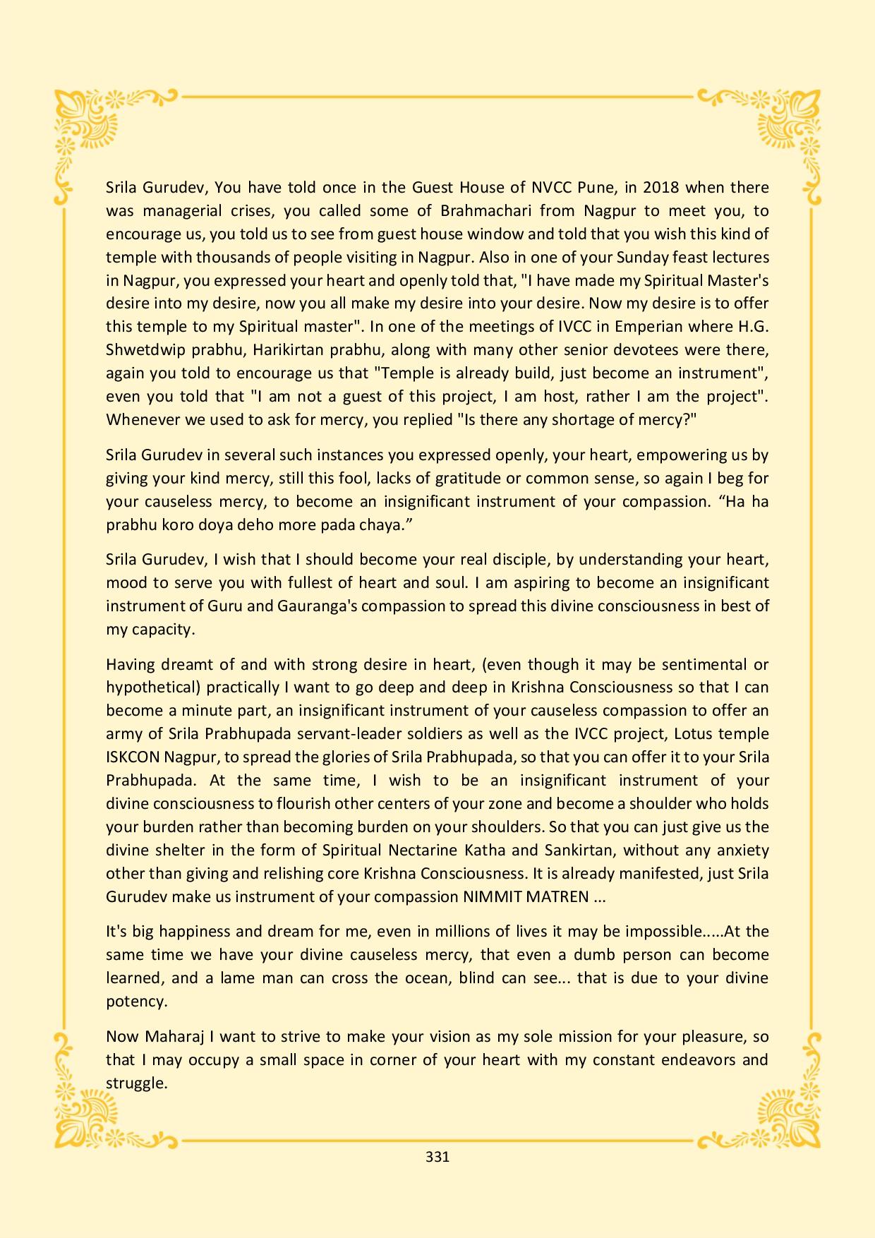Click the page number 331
pos(437,1157)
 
